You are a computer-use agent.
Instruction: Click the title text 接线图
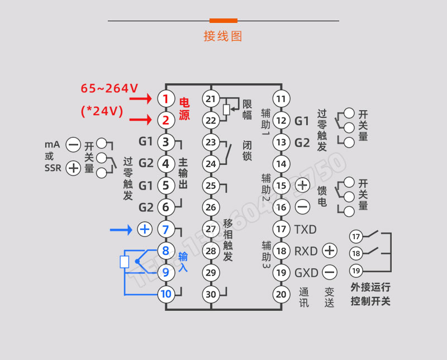pos(223,36)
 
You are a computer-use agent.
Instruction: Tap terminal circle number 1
pos(165,99)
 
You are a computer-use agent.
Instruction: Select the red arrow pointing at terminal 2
pos(140,120)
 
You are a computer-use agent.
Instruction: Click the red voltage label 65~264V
pos(110,88)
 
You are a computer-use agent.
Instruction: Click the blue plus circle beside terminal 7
pos(145,229)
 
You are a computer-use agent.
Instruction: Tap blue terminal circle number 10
pos(165,293)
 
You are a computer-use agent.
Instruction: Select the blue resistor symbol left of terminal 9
pos(125,262)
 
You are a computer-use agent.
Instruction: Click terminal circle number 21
pos(211,99)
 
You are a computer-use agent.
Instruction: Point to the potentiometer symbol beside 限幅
pos(226,109)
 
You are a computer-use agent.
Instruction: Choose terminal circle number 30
pos(211,293)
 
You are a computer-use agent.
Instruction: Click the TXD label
pos(305,229)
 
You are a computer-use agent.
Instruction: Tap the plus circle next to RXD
pos(330,250)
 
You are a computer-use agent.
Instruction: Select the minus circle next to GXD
pos(330,272)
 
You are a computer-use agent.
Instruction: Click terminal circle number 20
pos(282,293)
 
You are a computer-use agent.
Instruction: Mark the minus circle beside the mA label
pos(73,145)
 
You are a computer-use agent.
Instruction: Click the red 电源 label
pos(184,109)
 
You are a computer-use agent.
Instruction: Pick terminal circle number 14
pos(282,164)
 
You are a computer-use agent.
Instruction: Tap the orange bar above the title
pos(223,21)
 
